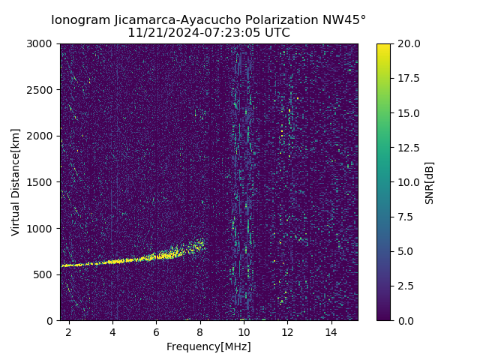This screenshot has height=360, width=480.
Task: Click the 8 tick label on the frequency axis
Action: click(x=200, y=331)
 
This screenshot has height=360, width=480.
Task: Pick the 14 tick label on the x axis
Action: click(x=331, y=331)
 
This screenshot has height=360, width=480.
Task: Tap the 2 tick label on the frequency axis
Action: click(x=69, y=331)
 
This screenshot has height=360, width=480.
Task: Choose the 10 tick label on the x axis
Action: click(x=244, y=331)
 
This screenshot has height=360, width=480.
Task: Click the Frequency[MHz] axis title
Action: click(x=208, y=346)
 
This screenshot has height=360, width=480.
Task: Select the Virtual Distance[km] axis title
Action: click(x=16, y=181)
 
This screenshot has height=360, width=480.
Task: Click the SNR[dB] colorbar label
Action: click(x=430, y=182)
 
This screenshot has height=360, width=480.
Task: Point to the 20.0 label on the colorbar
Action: click(x=408, y=43)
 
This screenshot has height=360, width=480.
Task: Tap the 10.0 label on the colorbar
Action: click(x=408, y=182)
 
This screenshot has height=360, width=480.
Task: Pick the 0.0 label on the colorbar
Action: click(x=406, y=320)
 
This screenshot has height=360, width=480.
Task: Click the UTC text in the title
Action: click(x=276, y=33)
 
